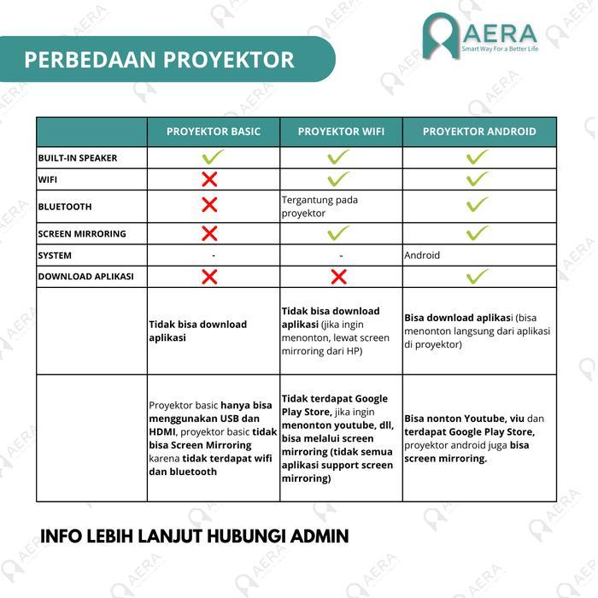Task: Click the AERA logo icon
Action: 441,36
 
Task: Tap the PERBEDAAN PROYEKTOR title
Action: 159,60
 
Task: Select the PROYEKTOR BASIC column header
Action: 214,132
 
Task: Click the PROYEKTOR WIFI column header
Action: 341,132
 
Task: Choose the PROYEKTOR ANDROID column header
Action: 479,132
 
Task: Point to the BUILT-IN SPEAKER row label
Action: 78,158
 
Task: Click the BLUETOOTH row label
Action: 65,207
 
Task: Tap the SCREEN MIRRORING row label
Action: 82,234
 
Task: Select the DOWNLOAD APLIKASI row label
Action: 85,277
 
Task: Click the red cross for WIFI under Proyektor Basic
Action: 209,179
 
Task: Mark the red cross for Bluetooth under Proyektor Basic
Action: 209,205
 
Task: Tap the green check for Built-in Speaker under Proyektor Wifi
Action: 339,157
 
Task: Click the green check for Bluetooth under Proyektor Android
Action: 478,205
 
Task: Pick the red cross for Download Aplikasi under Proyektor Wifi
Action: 338,277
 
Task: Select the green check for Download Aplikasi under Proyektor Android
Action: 478,276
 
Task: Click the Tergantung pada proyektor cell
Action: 320,207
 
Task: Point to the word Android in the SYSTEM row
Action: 423,255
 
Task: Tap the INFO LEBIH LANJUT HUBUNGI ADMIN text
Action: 194,536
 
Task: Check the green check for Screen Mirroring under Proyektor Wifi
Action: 339,233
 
